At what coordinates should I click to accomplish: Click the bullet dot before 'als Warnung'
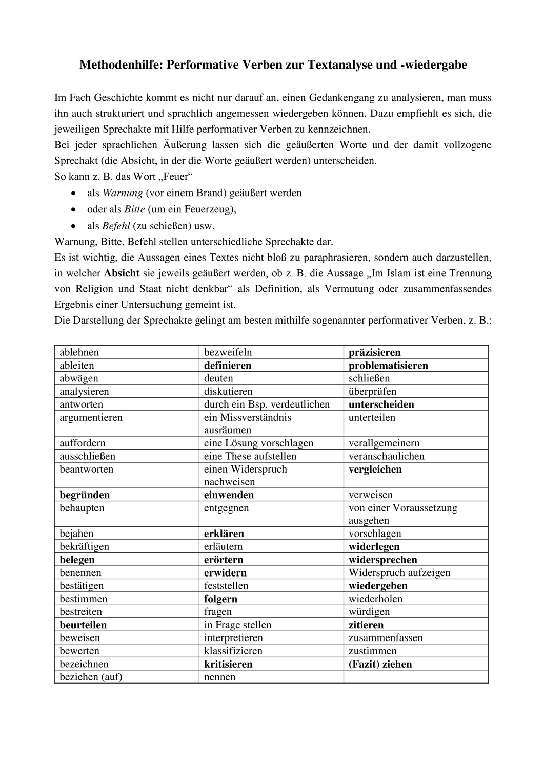75,194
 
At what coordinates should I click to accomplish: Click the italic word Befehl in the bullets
116,225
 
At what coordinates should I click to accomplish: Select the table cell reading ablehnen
79,352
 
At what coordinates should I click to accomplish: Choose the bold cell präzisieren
374,352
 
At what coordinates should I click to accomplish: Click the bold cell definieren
228,366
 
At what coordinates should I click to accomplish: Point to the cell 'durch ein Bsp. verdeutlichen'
267,404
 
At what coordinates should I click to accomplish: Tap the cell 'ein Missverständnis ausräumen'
248,423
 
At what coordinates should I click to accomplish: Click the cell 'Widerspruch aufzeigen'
399,573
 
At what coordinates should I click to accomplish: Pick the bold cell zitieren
366,625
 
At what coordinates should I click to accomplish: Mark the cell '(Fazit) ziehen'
380,664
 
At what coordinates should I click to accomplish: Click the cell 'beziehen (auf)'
91,677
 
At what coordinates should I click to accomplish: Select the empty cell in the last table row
415,677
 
